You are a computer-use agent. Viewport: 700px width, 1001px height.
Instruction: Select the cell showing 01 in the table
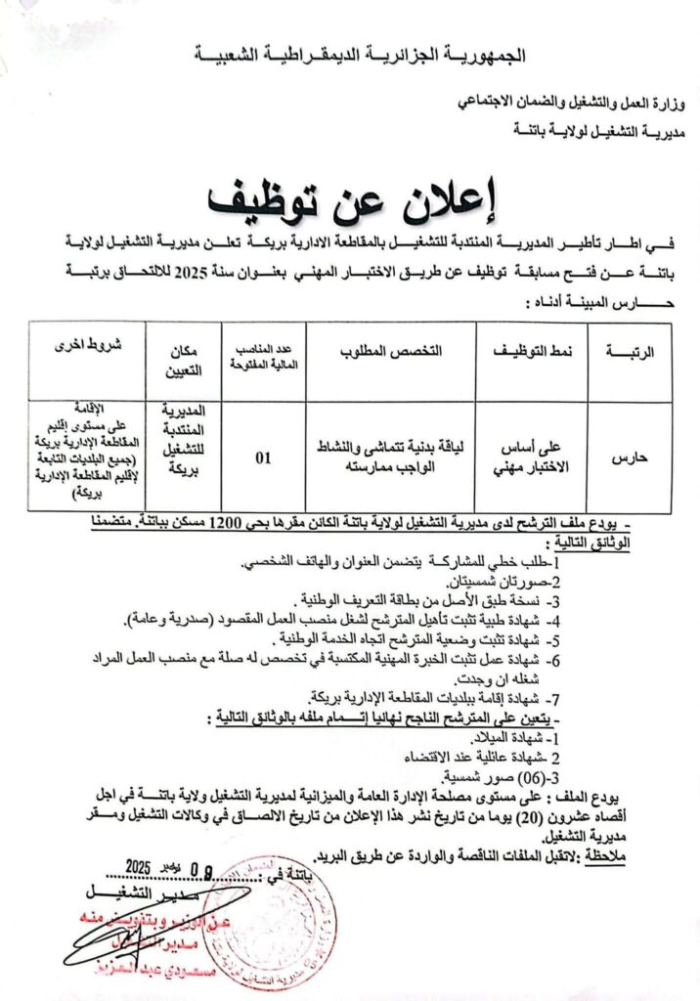(x=263, y=456)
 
